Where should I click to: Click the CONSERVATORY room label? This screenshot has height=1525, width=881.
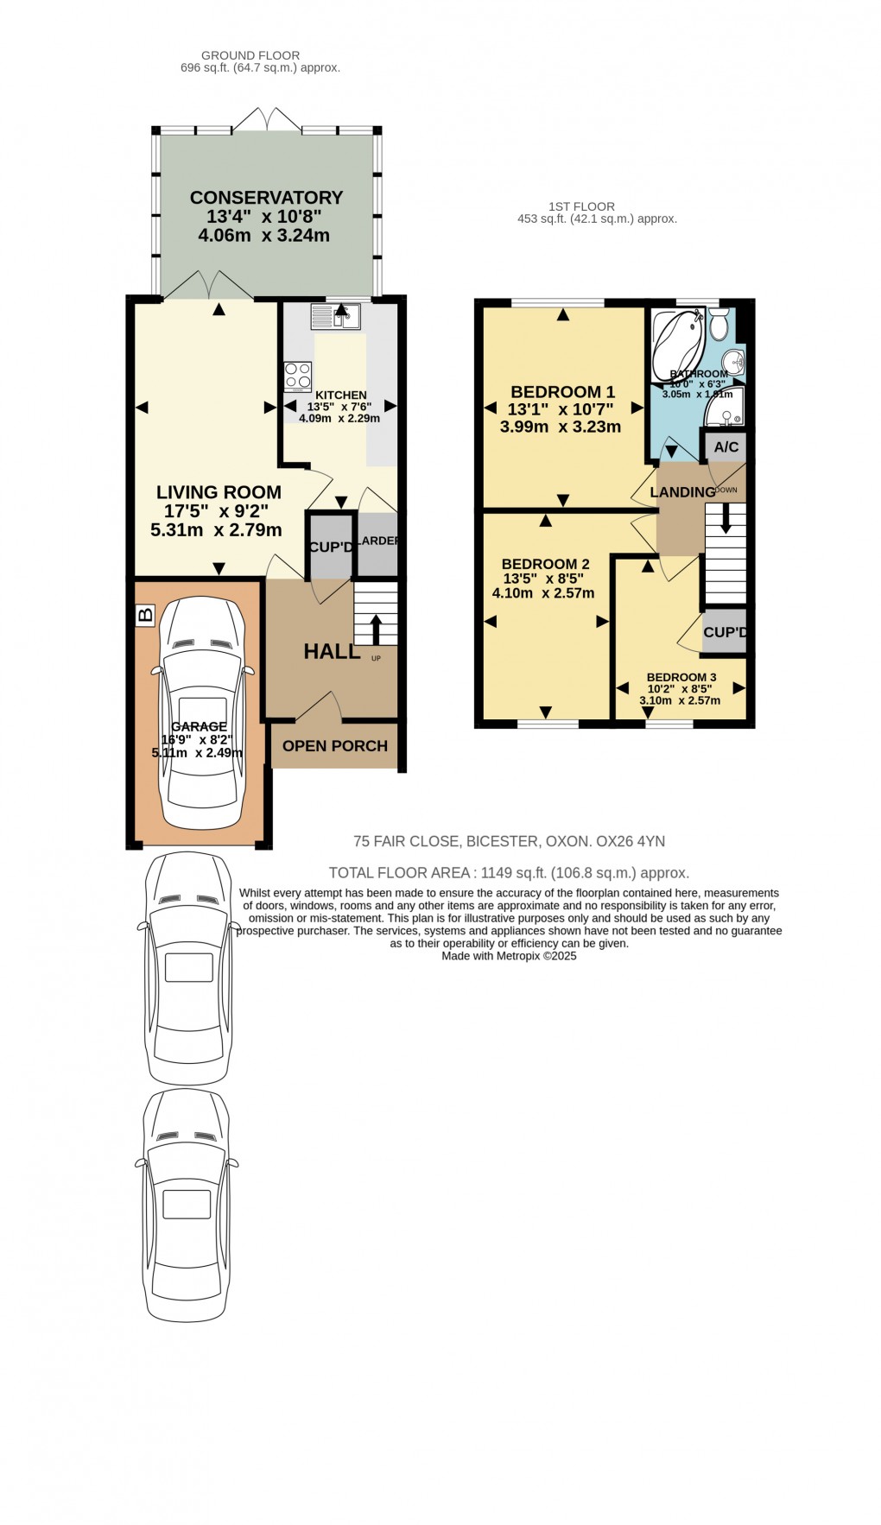click(266, 198)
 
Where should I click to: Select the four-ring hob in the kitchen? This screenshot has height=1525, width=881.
click(298, 377)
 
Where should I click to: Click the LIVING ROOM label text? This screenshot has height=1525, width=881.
click(219, 492)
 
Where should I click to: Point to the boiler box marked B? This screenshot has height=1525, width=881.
click(145, 615)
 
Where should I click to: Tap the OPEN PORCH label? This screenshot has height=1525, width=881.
click(335, 746)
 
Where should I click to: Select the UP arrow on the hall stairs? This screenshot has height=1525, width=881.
click(376, 629)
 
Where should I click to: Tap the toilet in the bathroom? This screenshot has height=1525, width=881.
click(719, 326)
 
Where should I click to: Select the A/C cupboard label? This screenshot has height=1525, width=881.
click(726, 446)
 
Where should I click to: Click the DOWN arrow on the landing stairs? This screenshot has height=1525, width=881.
click(726, 518)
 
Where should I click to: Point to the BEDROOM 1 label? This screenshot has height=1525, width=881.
click(562, 392)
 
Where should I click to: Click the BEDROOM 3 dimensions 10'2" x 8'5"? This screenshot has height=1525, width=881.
click(680, 689)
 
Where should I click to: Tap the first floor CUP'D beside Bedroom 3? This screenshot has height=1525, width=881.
click(725, 632)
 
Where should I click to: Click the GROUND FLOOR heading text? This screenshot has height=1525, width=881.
click(250, 55)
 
